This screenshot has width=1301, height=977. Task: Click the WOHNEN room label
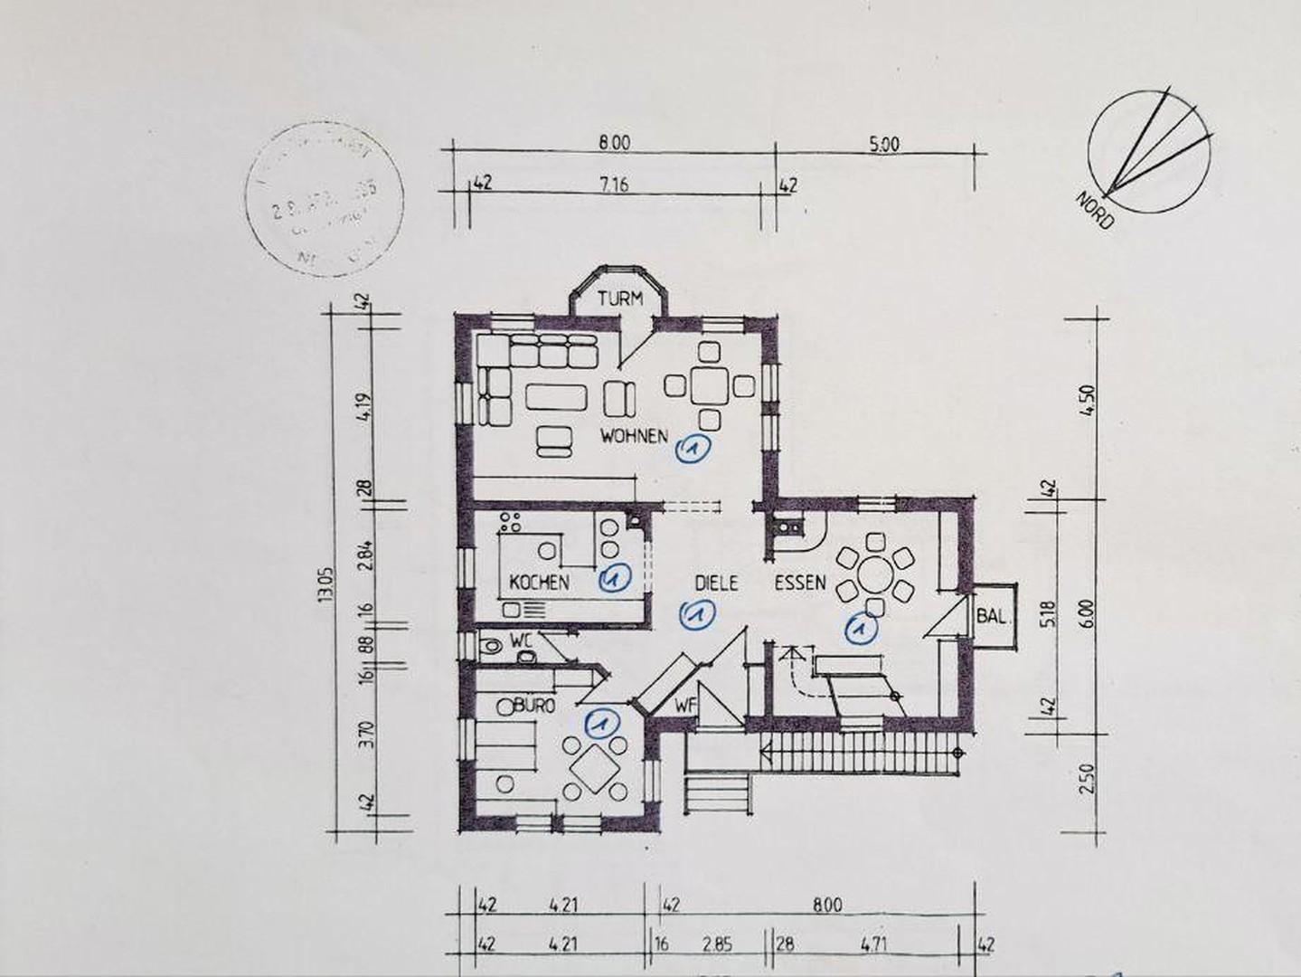pos(634,436)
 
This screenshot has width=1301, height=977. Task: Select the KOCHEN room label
pos(539,582)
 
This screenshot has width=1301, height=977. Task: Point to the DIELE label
pos(716,583)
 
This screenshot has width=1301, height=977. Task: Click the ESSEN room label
pos(799,583)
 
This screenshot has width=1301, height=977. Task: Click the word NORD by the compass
pos(1095,210)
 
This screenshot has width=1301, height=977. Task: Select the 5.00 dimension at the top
pos(883,143)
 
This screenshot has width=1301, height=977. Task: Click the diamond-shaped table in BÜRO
pos(594,770)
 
